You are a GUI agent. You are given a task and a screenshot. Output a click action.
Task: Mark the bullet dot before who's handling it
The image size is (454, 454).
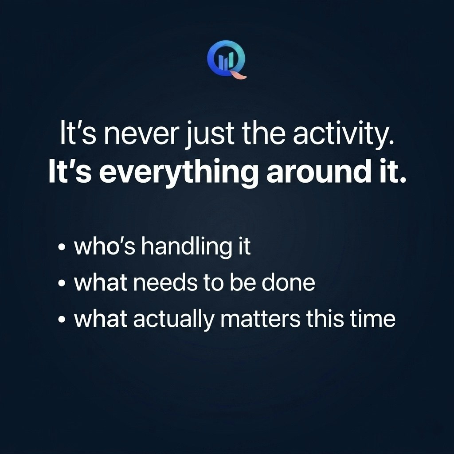(62, 248)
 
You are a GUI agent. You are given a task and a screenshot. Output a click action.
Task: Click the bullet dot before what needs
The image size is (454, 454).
(62, 284)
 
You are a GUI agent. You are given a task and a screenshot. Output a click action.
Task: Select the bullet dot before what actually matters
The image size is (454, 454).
(62, 321)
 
